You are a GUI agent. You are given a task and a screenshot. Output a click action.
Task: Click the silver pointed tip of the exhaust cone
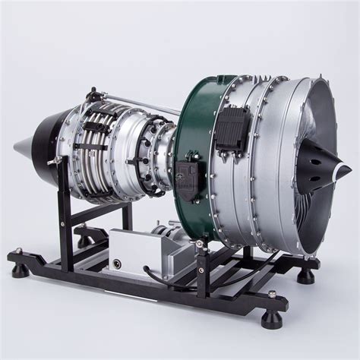click(17, 146)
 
